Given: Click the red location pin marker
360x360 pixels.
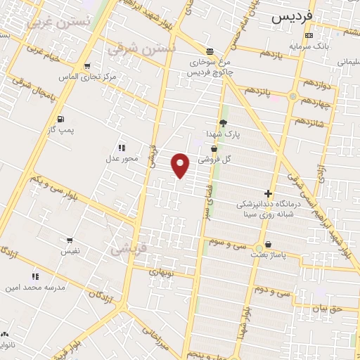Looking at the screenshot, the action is pyautogui.click(x=181, y=165).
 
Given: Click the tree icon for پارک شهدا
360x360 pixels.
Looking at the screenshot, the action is pyautogui.click(x=223, y=123).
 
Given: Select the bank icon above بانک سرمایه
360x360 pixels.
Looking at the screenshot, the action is pyautogui.click(x=309, y=35).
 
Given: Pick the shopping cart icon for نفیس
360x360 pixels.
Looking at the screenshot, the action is pyautogui.click(x=69, y=240).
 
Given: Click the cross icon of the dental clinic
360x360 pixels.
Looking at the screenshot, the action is pyautogui.click(x=267, y=193).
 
